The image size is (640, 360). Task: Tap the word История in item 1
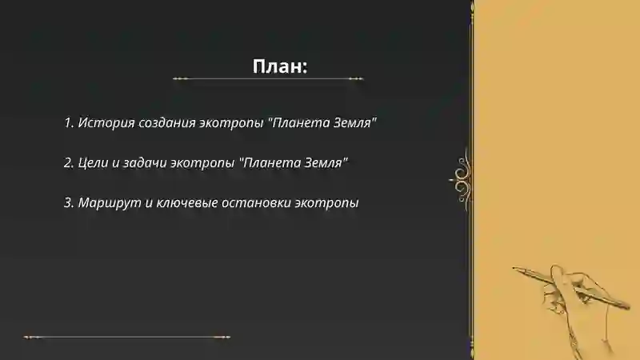click(x=106, y=123)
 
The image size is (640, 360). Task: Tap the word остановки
click(x=258, y=202)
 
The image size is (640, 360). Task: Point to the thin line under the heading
click(x=268, y=79)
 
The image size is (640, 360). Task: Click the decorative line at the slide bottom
click(x=126, y=337)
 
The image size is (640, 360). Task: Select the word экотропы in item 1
click(x=233, y=124)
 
